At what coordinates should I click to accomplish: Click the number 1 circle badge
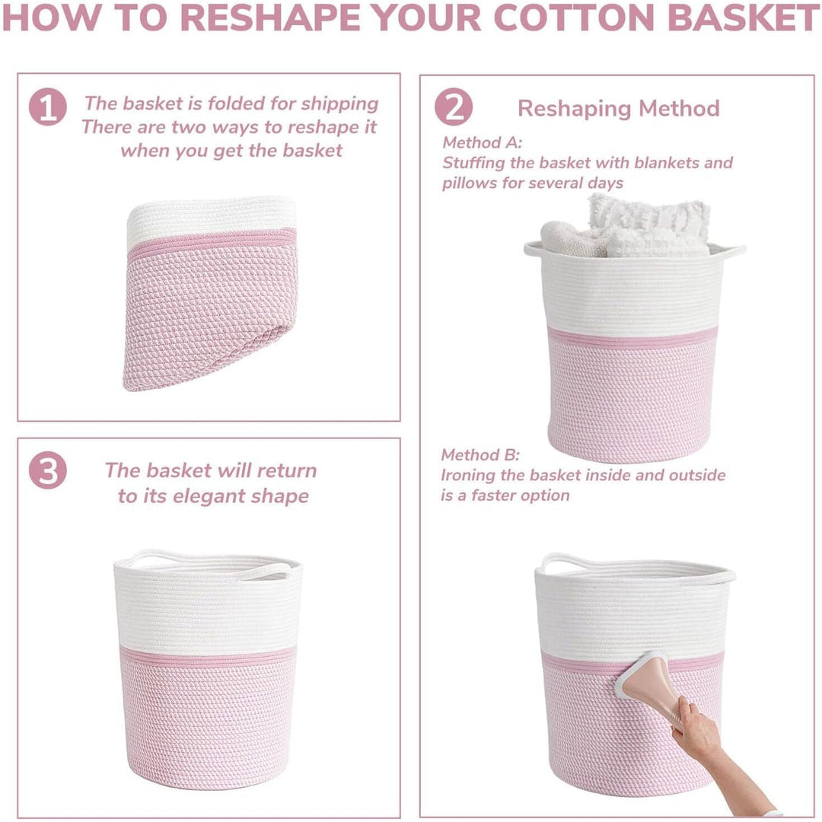[x=48, y=107]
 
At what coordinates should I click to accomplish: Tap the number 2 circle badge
[x=454, y=107]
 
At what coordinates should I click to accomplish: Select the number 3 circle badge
[x=48, y=471]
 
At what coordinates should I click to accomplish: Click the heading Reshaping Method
[x=618, y=108]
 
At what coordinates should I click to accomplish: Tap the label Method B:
[x=480, y=455]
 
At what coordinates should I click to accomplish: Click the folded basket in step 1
[x=209, y=297]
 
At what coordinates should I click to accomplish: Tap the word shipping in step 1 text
[x=339, y=104]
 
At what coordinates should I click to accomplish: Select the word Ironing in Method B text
[x=472, y=476]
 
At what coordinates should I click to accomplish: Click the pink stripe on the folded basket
[x=212, y=242]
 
